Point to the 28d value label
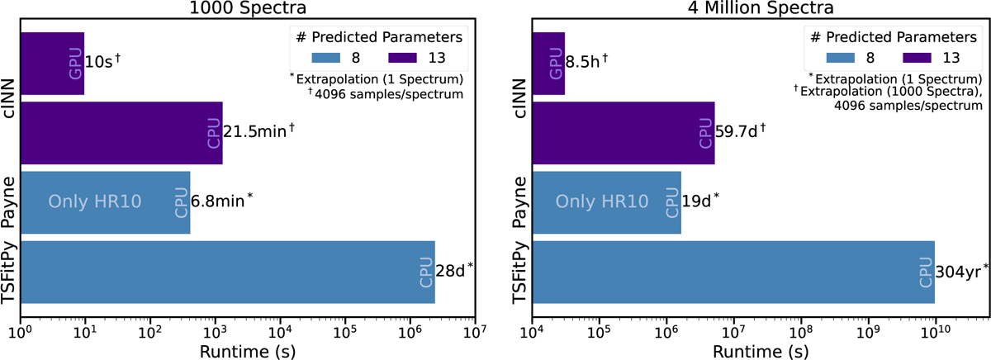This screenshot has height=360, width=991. [453, 269]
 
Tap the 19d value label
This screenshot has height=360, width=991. [699, 201]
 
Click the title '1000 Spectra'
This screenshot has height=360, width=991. [247, 11]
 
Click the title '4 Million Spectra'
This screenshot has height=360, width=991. [759, 11]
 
